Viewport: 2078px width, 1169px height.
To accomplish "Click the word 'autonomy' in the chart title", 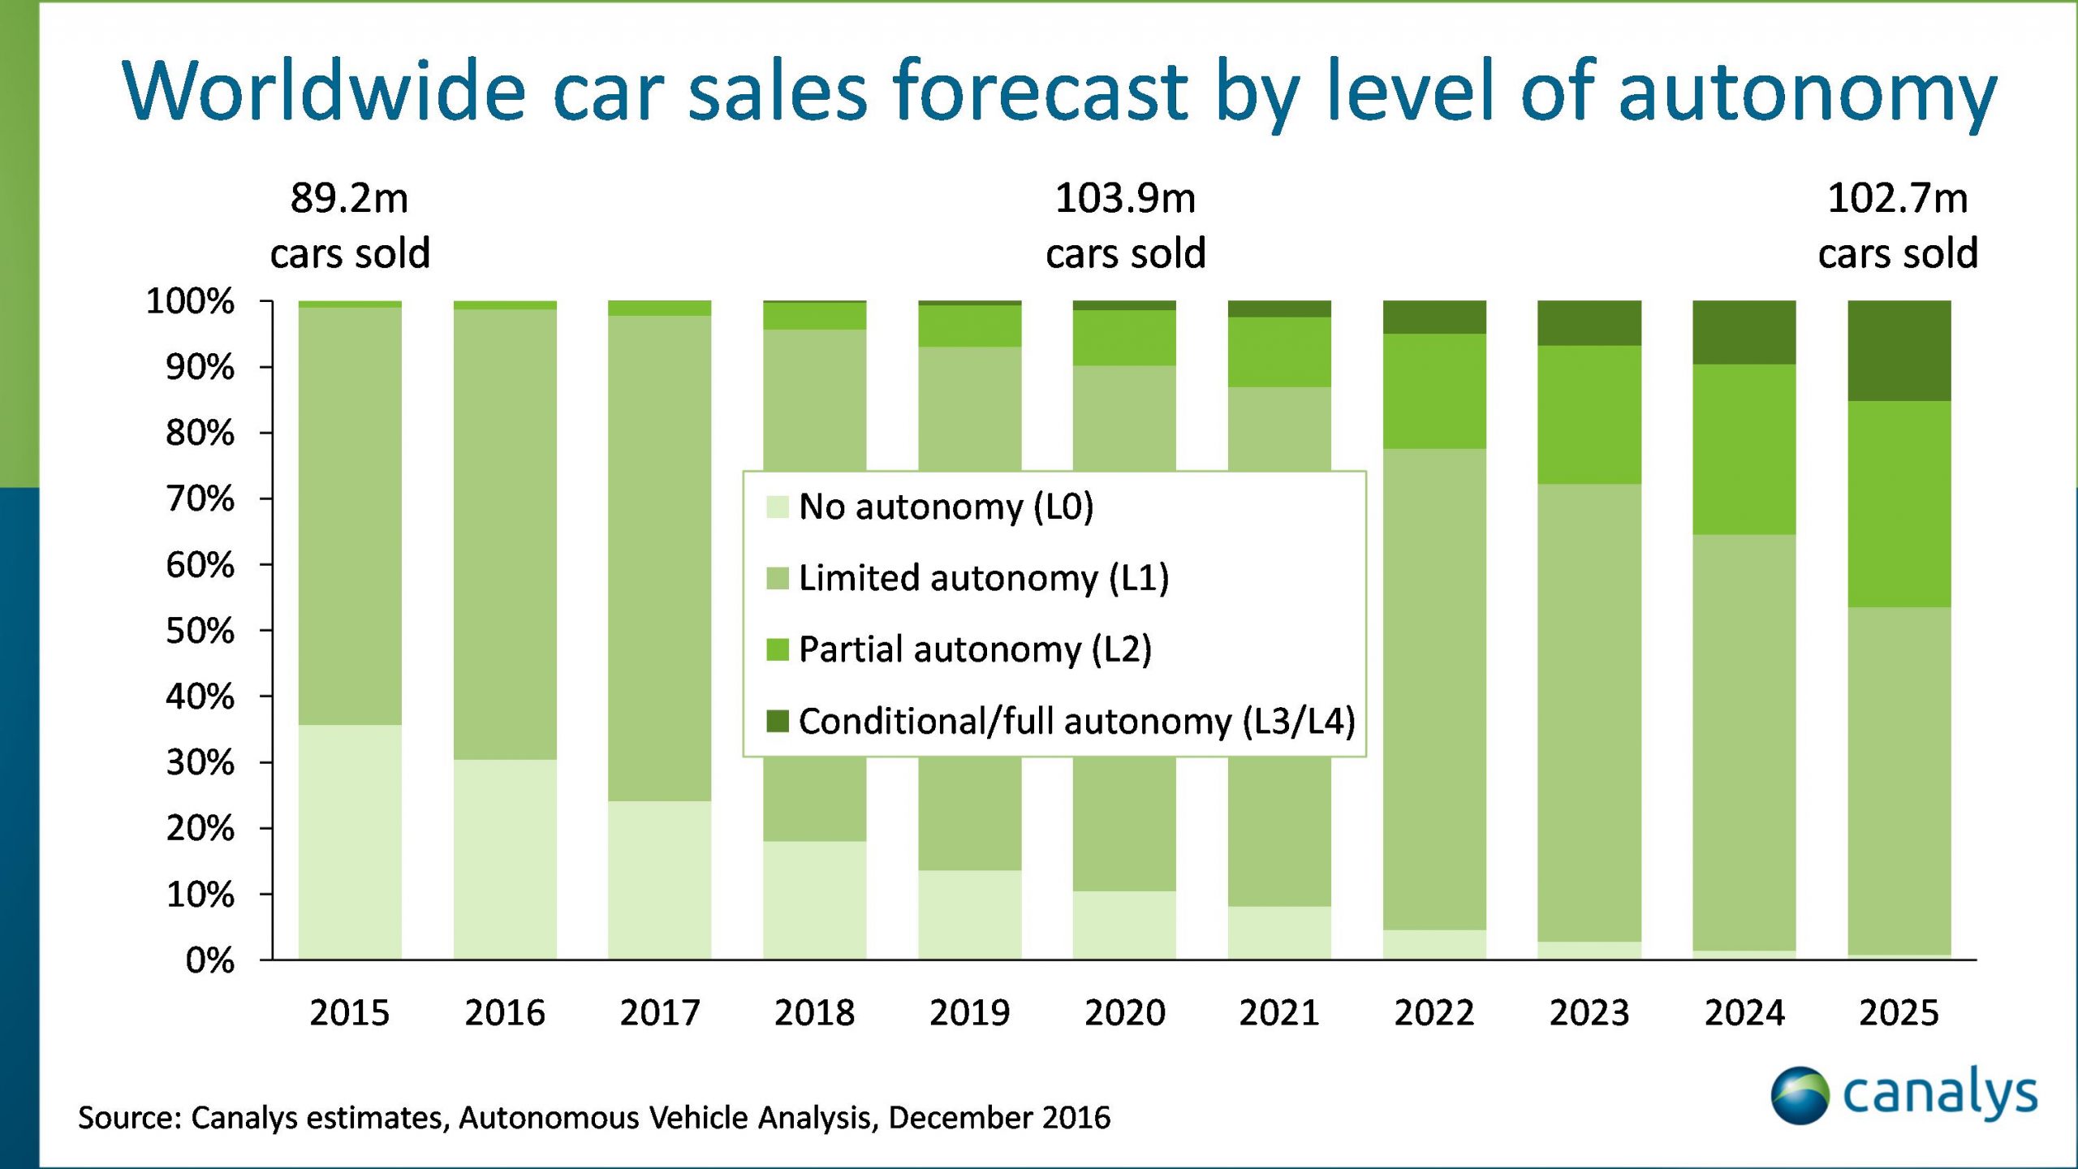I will pos(1807,93).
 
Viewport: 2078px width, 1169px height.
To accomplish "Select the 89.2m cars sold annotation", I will pos(350,226).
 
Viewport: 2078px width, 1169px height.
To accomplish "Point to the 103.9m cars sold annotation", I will pos(1125,226).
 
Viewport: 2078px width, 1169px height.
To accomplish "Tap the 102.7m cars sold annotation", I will pos(1898,226).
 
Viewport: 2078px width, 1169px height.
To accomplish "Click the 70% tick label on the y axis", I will pos(200,498).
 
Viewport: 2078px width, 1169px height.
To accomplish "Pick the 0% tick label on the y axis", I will pos(210,960).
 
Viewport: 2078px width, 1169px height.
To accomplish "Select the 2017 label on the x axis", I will pos(660,1013).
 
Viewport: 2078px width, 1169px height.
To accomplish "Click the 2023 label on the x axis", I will pos(1589,1013).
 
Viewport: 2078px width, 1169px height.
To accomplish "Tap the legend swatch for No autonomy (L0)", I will pos(778,507).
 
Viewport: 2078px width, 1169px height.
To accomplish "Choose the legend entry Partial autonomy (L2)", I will pos(975,649).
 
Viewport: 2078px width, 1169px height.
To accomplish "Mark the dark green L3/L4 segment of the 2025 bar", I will pos(1899,351).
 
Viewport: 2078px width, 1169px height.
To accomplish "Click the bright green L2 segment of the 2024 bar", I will pos(1744,449).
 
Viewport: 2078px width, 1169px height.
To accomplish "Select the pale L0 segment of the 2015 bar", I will pos(350,842).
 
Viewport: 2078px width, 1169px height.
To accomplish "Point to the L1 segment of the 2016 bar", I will pos(505,534).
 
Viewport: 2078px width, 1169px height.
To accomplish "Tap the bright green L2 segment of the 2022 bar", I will pos(1434,391).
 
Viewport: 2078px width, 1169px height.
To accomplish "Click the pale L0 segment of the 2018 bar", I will pos(814,900).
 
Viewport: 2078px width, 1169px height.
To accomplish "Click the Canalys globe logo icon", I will pos(1800,1096).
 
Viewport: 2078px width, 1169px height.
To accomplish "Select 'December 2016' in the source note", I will pos(999,1118).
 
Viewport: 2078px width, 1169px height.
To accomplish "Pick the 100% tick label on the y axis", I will pos(190,301).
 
